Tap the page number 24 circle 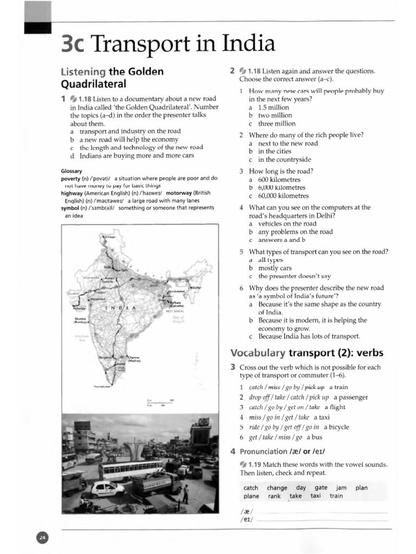[42, 537]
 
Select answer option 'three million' [277, 123]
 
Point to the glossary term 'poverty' [73, 178]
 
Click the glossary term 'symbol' [72, 208]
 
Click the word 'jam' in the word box [341, 487]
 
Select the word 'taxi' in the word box [315, 496]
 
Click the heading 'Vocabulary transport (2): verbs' [307, 353]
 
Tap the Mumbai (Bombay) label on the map [81, 321]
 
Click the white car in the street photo [107, 489]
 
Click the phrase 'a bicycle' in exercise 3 [336, 427]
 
